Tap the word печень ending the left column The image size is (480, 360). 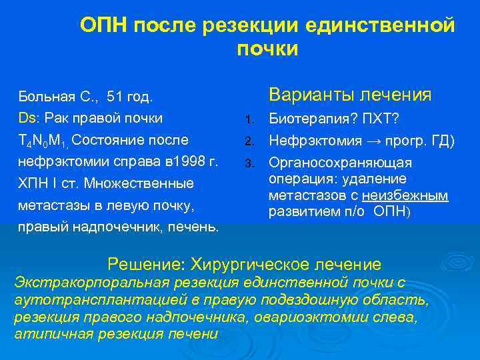(196, 226)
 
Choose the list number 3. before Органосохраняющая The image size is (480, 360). (249, 164)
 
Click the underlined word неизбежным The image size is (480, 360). (411, 195)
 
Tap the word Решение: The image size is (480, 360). (147, 265)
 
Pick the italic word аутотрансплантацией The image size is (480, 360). (88, 300)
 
